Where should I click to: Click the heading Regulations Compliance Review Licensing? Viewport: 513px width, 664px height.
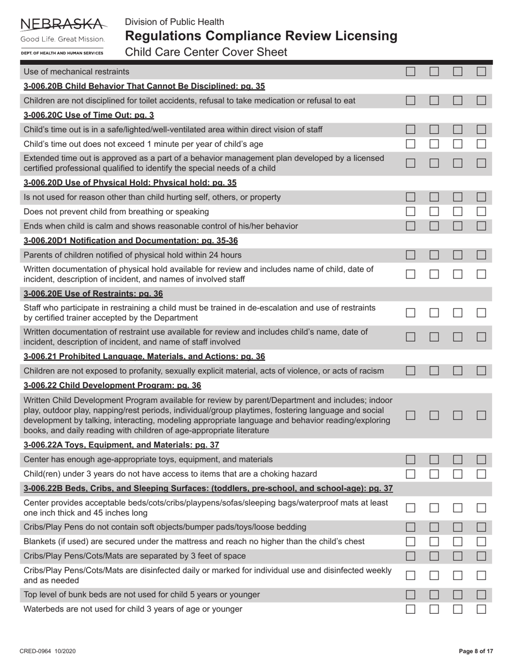261,36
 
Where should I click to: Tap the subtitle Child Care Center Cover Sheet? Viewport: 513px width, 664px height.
206,52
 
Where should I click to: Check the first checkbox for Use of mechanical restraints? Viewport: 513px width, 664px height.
410,71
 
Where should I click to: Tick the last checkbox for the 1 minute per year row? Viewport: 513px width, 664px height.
482,144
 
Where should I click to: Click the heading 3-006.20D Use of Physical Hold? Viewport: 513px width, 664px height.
130,182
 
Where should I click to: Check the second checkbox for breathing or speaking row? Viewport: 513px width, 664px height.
434,212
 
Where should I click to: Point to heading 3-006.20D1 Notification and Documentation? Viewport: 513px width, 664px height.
131,240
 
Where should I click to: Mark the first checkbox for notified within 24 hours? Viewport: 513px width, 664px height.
410,255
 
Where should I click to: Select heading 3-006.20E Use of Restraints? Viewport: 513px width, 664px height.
93,294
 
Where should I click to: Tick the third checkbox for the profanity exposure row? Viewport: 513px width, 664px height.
458,371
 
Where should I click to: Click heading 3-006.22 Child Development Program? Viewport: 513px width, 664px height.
112,385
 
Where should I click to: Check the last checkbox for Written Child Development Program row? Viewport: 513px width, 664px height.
482,416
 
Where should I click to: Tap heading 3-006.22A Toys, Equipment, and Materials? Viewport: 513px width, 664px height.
122,445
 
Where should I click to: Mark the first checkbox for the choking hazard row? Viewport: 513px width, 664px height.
410,474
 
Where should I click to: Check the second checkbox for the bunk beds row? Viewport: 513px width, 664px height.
434,594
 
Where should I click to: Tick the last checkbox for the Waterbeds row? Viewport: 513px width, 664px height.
482,609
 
